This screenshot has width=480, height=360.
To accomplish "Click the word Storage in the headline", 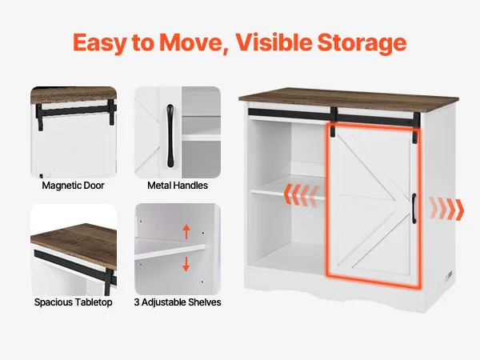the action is [x=362, y=43].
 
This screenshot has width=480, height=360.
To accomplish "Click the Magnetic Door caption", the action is [x=73, y=186].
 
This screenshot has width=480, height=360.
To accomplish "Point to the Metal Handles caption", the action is [x=178, y=186].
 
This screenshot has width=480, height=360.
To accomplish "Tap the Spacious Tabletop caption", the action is [x=73, y=302].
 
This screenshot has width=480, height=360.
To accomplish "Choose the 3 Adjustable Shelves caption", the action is [x=178, y=302].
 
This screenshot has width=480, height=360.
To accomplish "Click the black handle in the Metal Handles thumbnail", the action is [x=170, y=136].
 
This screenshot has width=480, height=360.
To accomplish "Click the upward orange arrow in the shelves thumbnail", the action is [x=186, y=232].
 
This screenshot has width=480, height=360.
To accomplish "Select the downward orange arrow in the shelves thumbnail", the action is [x=186, y=264].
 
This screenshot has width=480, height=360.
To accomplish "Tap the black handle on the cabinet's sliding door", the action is [x=414, y=208].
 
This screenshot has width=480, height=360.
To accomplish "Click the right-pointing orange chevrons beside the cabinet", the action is [x=446, y=209].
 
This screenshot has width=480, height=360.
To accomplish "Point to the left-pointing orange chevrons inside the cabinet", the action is [x=302, y=195].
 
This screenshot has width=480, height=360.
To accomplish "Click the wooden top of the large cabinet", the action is [x=348, y=98].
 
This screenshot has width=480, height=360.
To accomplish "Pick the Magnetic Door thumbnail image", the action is [x=74, y=132].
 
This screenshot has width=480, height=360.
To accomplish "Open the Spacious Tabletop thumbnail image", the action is [x=74, y=250].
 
